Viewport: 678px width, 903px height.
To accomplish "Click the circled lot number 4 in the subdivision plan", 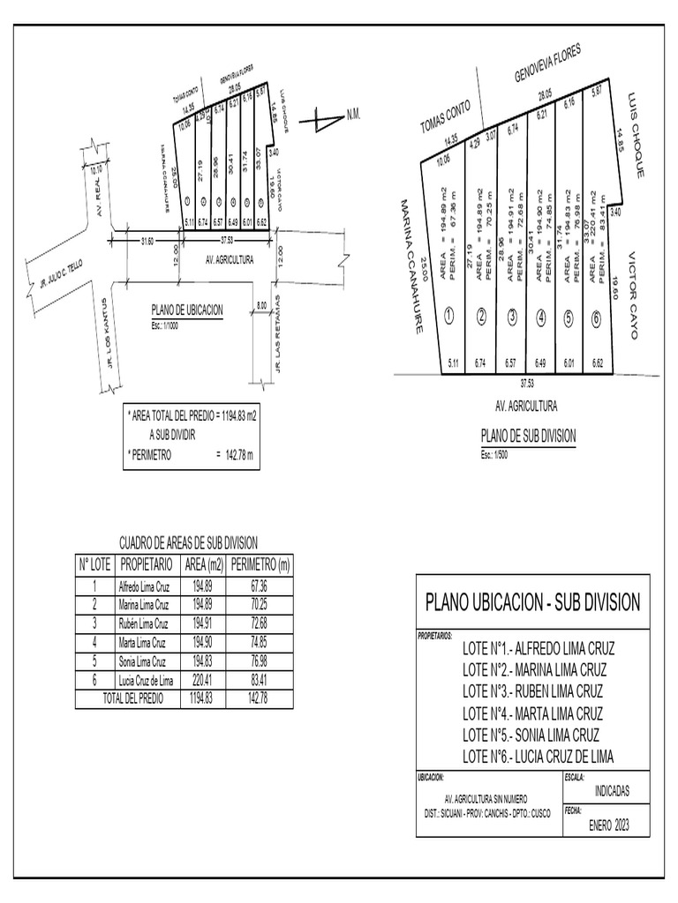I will (x=540, y=317).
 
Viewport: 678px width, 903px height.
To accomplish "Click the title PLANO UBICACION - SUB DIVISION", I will (x=532, y=603).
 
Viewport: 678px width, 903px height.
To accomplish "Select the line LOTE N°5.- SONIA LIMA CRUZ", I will (x=531, y=735).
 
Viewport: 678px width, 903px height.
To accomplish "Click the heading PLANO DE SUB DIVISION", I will (x=528, y=436).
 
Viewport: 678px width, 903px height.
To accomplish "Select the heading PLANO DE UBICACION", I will (x=187, y=310).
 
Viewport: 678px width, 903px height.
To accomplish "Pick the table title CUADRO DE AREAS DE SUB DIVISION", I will (x=188, y=545).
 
